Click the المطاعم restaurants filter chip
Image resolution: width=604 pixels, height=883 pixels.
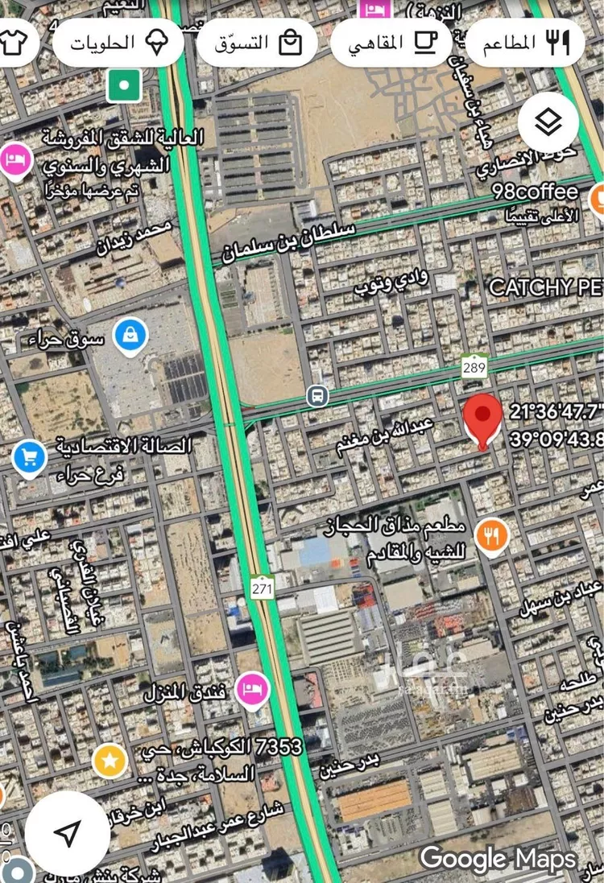point(525,42)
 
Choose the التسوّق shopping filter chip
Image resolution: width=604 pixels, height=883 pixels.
point(257,42)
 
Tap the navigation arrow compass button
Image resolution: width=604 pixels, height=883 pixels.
point(68,833)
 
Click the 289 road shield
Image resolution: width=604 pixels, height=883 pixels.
point(474,366)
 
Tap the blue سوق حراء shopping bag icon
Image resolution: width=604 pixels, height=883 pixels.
point(130,336)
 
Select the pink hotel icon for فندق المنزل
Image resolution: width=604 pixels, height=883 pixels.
point(254,690)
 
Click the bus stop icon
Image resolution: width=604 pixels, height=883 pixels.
point(317,395)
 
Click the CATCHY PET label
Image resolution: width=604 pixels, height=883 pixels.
point(546,287)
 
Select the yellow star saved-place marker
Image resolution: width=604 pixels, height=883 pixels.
point(110,760)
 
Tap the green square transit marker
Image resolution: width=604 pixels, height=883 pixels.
point(124,84)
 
